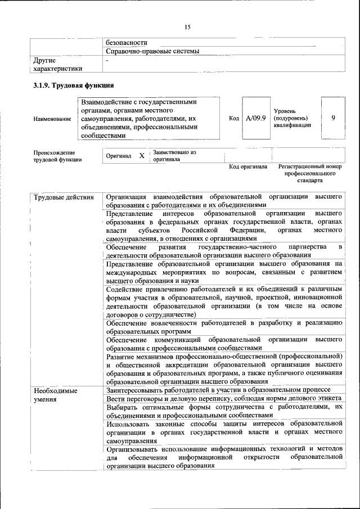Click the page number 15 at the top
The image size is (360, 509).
pyautogui.click(x=188, y=27)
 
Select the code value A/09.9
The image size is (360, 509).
pyautogui.click(x=255, y=118)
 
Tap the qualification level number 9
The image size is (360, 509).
pyautogui.click(x=334, y=118)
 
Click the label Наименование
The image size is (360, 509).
pyautogui.click(x=52, y=119)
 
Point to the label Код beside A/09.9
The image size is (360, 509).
pyautogui.click(x=235, y=119)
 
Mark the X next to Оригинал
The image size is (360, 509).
pyautogui.click(x=142, y=155)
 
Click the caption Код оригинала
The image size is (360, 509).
pyautogui.click(x=248, y=167)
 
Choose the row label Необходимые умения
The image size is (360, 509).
pyautogui.click(x=56, y=394)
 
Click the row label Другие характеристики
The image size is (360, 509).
pyautogui.click(x=57, y=64)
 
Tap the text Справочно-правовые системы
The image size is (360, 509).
pyautogui.click(x=152, y=51)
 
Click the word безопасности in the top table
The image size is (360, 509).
pyautogui.click(x=127, y=42)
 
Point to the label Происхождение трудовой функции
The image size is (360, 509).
pyautogui.click(x=57, y=156)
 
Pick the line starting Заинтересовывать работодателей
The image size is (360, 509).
pyautogui.click(x=218, y=390)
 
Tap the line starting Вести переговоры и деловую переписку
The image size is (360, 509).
pyautogui.click(x=218, y=399)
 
